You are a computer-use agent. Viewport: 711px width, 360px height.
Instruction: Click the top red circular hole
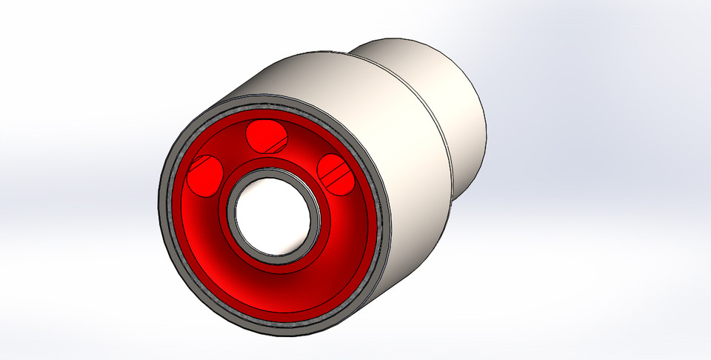point(266,135)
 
